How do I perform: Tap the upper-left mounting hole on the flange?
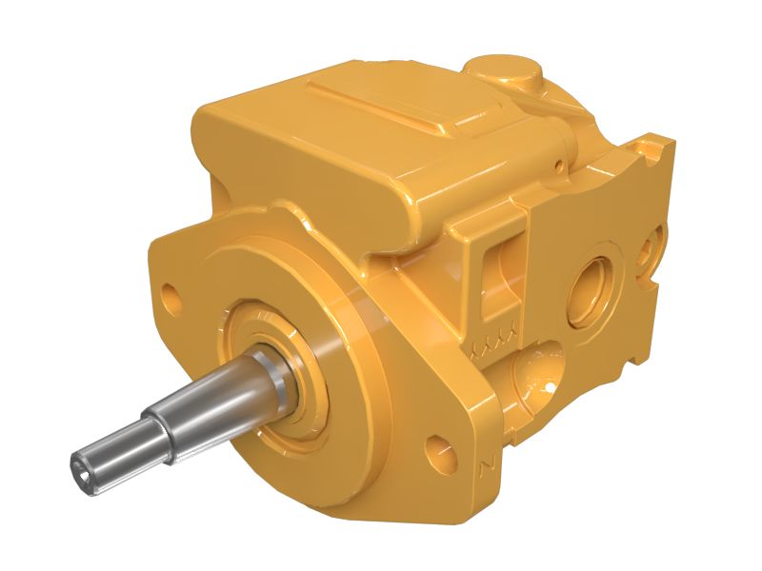click(x=170, y=291)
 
